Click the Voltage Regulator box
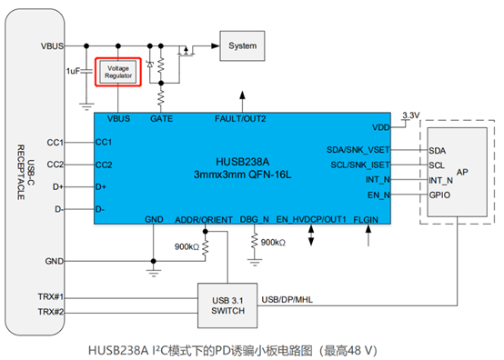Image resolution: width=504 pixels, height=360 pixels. pyautogui.click(x=117, y=72)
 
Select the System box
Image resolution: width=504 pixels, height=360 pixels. pyautogui.click(x=242, y=45)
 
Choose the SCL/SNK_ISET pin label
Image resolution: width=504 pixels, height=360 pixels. pyautogui.click(x=360, y=165)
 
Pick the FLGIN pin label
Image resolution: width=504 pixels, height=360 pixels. pyautogui.click(x=367, y=219)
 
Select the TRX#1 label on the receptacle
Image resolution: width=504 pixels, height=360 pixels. pyautogui.click(x=52, y=296)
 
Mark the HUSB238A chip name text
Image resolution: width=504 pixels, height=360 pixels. pyautogui.click(x=242, y=158)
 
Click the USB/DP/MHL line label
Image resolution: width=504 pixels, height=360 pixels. pyautogui.click(x=287, y=297)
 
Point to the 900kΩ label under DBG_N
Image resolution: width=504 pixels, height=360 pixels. pyautogui.click(x=272, y=243)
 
